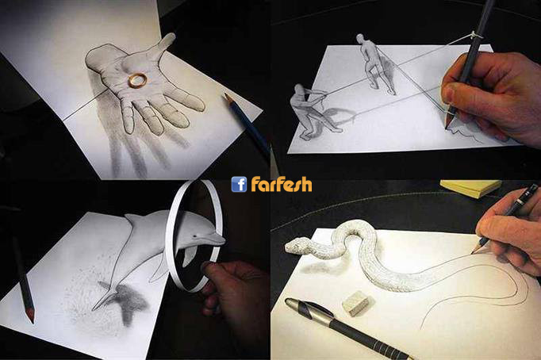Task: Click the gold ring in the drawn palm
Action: (138, 80)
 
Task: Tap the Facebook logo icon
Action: (239, 184)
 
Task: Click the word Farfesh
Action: (281, 184)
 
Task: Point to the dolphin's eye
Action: (196, 236)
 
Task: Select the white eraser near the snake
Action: (355, 303)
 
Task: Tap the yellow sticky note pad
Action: (470, 188)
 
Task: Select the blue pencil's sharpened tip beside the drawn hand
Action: (228, 98)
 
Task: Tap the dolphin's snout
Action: (217, 239)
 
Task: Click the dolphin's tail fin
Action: (103, 298)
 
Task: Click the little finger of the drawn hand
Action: (127, 117)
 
